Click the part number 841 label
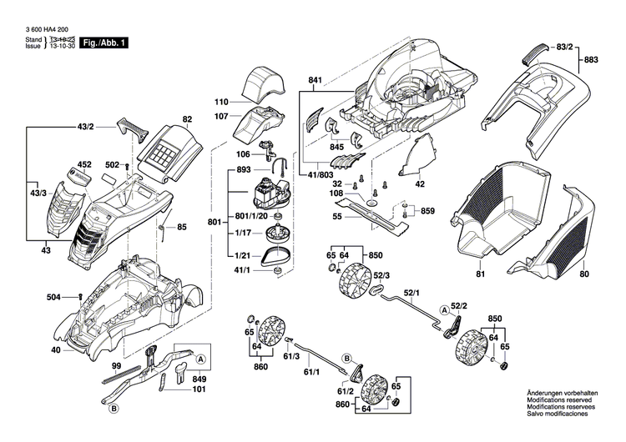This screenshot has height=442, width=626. click(x=315, y=81)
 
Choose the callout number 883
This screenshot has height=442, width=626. click(x=591, y=60)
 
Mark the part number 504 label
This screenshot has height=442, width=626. click(x=53, y=295)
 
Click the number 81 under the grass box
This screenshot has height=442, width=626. click(x=480, y=274)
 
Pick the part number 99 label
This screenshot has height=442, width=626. click(x=117, y=367)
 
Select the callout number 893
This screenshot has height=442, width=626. click(x=244, y=169)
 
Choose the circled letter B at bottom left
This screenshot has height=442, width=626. click(x=114, y=408)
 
